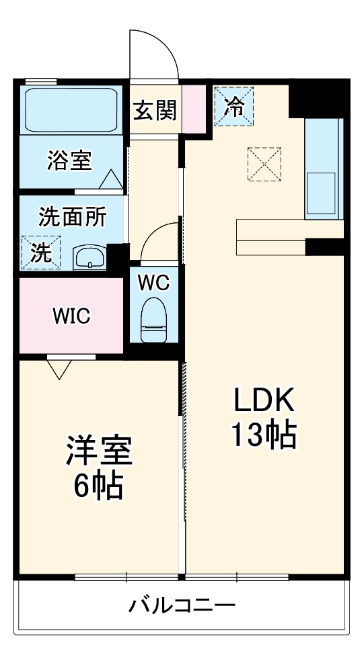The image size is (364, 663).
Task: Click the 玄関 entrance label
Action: [155, 111]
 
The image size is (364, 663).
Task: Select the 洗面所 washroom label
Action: [73, 218]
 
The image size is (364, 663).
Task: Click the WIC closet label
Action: [71, 316]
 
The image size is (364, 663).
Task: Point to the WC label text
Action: [154, 282]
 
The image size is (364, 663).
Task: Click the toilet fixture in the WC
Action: [153, 319]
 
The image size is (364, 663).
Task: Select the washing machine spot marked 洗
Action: [40, 252]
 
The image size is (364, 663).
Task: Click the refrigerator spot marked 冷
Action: [233, 106]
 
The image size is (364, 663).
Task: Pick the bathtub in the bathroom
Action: [71, 110]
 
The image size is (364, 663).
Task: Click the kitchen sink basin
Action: [321, 193]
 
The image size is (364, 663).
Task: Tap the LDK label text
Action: [264, 401]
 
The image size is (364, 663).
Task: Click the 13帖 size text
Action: [263, 435]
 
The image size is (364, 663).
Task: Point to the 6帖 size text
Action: [99, 486]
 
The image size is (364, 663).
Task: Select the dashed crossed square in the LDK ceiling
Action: [264, 164]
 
